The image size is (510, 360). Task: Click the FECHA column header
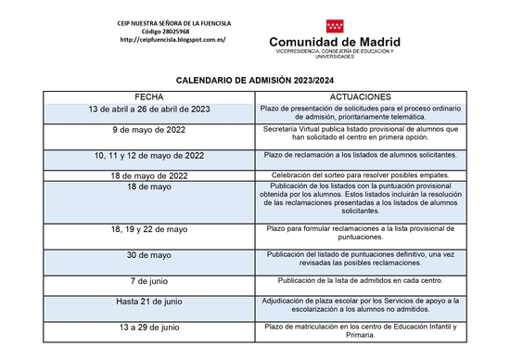[149, 96]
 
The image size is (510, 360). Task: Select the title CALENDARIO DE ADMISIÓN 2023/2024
[255, 81]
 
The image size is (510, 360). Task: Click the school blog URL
[172, 41]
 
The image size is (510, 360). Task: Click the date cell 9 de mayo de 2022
[149, 130]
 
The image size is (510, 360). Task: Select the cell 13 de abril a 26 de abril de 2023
[149, 109]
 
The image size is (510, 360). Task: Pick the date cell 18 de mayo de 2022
[149, 175]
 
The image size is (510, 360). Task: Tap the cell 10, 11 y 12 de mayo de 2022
[149, 155]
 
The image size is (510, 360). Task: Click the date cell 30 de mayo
[149, 255]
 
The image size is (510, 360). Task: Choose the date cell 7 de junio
[149, 280]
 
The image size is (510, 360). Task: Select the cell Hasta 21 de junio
[149, 302]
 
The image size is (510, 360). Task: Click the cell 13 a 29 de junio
[149, 328]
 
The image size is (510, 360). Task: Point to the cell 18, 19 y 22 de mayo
[149, 228]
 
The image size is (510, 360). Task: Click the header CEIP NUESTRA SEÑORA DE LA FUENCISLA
[173, 21]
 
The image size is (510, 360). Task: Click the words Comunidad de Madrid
[335, 43]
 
